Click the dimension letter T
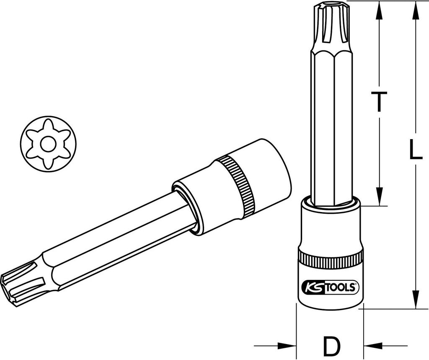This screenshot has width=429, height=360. pos(379,101)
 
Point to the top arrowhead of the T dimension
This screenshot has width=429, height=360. pos(379,11)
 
